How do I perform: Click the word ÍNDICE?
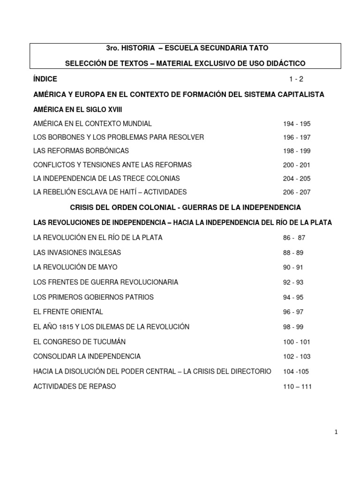[45, 79]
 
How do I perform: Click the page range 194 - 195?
[297, 124]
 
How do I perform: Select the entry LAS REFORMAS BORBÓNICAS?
[81, 151]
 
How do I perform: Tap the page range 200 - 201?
[297, 165]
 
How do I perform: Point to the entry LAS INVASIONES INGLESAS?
[77, 253]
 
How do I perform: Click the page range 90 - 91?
[293, 268]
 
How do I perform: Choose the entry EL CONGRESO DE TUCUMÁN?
[80, 341]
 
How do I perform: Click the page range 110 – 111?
[297, 387]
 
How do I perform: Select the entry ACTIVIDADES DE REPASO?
[75, 386]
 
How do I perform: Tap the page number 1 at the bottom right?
[337, 432]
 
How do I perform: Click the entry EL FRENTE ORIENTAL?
[68, 312]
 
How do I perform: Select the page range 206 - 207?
[297, 192]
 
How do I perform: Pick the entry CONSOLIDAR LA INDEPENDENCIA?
[87, 356]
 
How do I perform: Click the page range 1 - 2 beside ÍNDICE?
[297, 79]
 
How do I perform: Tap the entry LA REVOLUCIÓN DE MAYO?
[75, 267]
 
